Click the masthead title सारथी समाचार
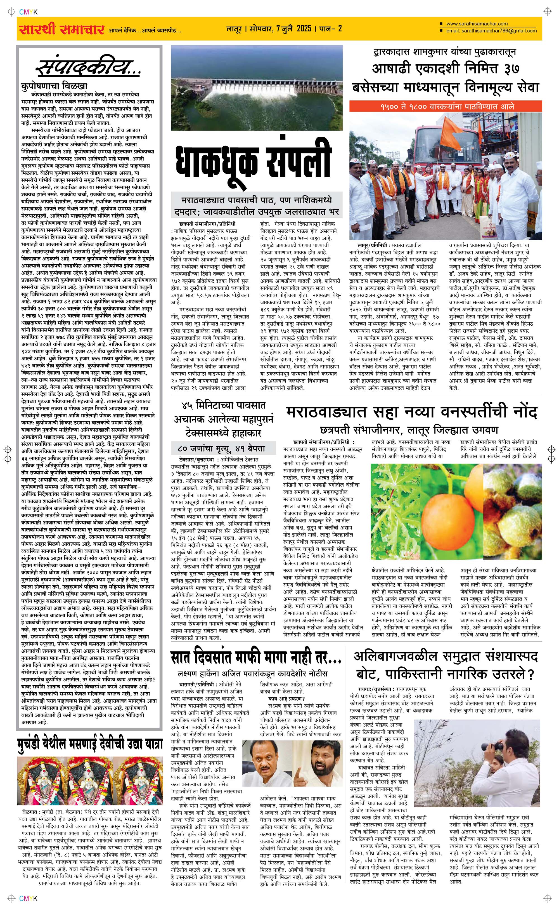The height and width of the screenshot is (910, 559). pos(61,29)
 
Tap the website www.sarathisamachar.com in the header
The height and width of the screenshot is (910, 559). pos(477,24)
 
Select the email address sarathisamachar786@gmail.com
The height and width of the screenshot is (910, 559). pos(491,31)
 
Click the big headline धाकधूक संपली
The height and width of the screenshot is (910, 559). pos(252,162)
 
